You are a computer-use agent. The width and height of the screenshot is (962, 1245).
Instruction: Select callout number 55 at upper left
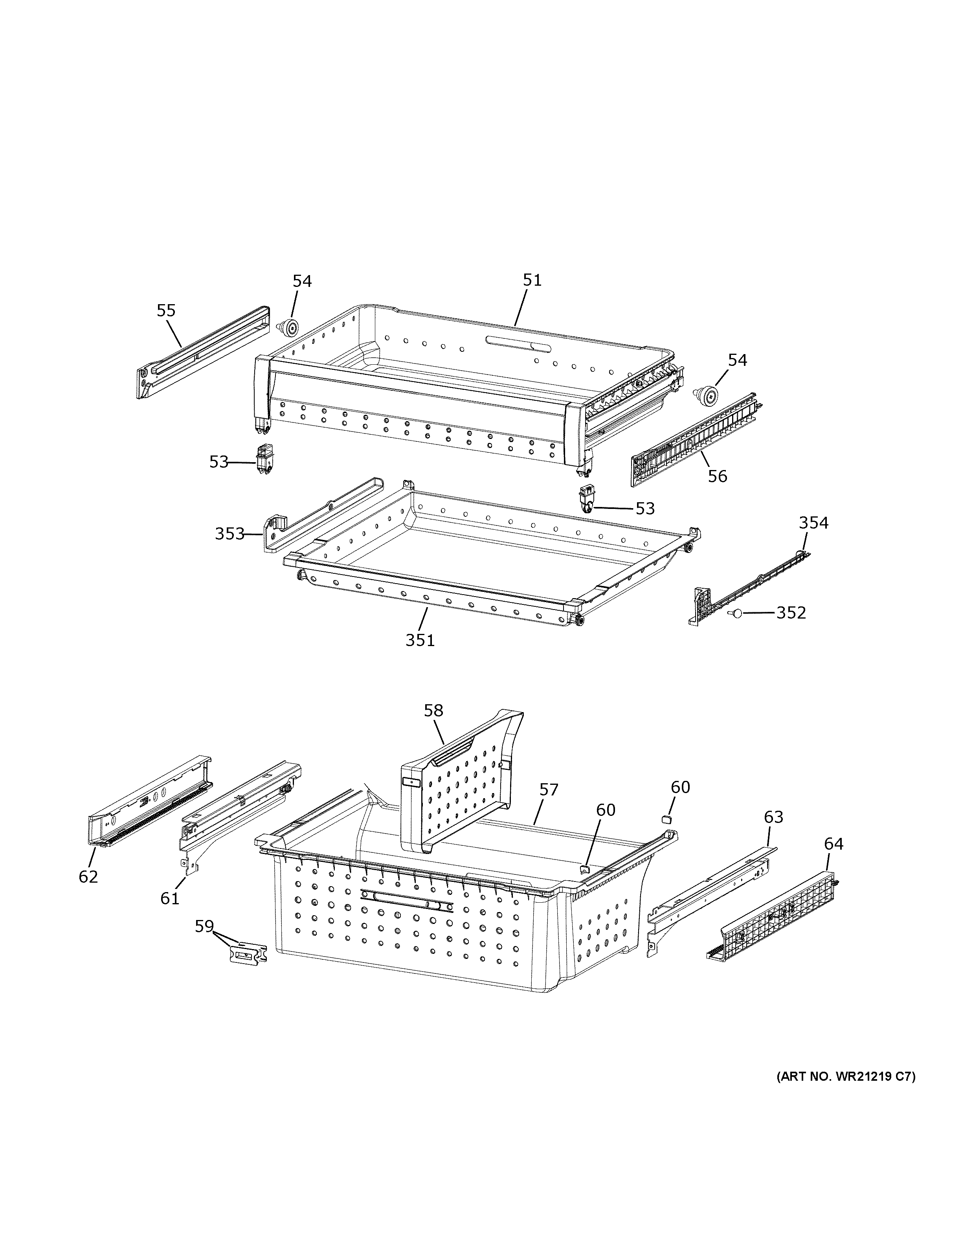click(x=166, y=311)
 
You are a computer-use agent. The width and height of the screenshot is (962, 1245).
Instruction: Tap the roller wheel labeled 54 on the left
click(x=291, y=328)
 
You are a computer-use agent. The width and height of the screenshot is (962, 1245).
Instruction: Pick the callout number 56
click(x=718, y=476)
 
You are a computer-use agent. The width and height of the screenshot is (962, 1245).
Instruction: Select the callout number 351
click(x=420, y=640)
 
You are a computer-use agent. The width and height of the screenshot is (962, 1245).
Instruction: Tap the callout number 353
click(x=229, y=534)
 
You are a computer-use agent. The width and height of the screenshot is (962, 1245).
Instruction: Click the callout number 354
click(x=813, y=523)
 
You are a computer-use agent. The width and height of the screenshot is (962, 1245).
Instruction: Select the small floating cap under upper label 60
click(x=665, y=819)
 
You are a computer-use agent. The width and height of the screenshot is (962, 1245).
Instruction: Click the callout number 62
click(x=88, y=876)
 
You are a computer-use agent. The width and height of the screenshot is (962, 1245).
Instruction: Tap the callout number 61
click(x=170, y=898)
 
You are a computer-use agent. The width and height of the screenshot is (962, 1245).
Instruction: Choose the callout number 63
click(x=773, y=817)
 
